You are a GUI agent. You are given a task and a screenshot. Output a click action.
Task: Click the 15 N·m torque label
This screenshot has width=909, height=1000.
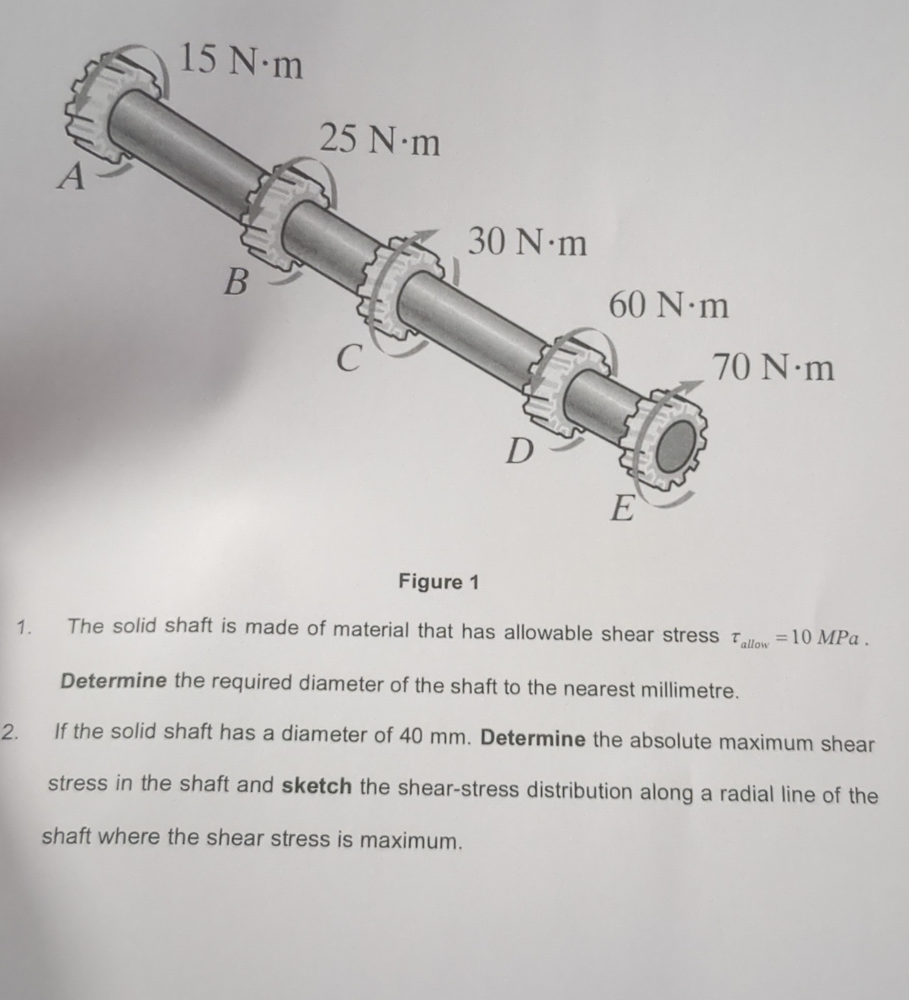coord(242,62)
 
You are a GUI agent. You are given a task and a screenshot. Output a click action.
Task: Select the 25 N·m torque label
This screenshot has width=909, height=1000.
coord(380,140)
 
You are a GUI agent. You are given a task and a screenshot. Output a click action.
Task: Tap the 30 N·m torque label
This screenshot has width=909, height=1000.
coord(528,242)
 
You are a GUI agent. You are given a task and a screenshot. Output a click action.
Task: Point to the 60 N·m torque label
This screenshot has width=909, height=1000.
coord(668,305)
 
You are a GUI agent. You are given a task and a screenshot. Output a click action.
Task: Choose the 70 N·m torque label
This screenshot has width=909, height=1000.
coord(773,368)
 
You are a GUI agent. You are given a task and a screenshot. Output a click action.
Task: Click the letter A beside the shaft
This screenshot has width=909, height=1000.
coord(74,177)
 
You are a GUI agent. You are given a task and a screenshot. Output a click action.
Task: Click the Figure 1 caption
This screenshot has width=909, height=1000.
coord(439,582)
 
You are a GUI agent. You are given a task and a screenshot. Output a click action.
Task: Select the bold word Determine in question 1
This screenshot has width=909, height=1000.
coord(114,681)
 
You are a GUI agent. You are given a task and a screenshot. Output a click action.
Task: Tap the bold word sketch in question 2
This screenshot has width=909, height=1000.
coord(316,786)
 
